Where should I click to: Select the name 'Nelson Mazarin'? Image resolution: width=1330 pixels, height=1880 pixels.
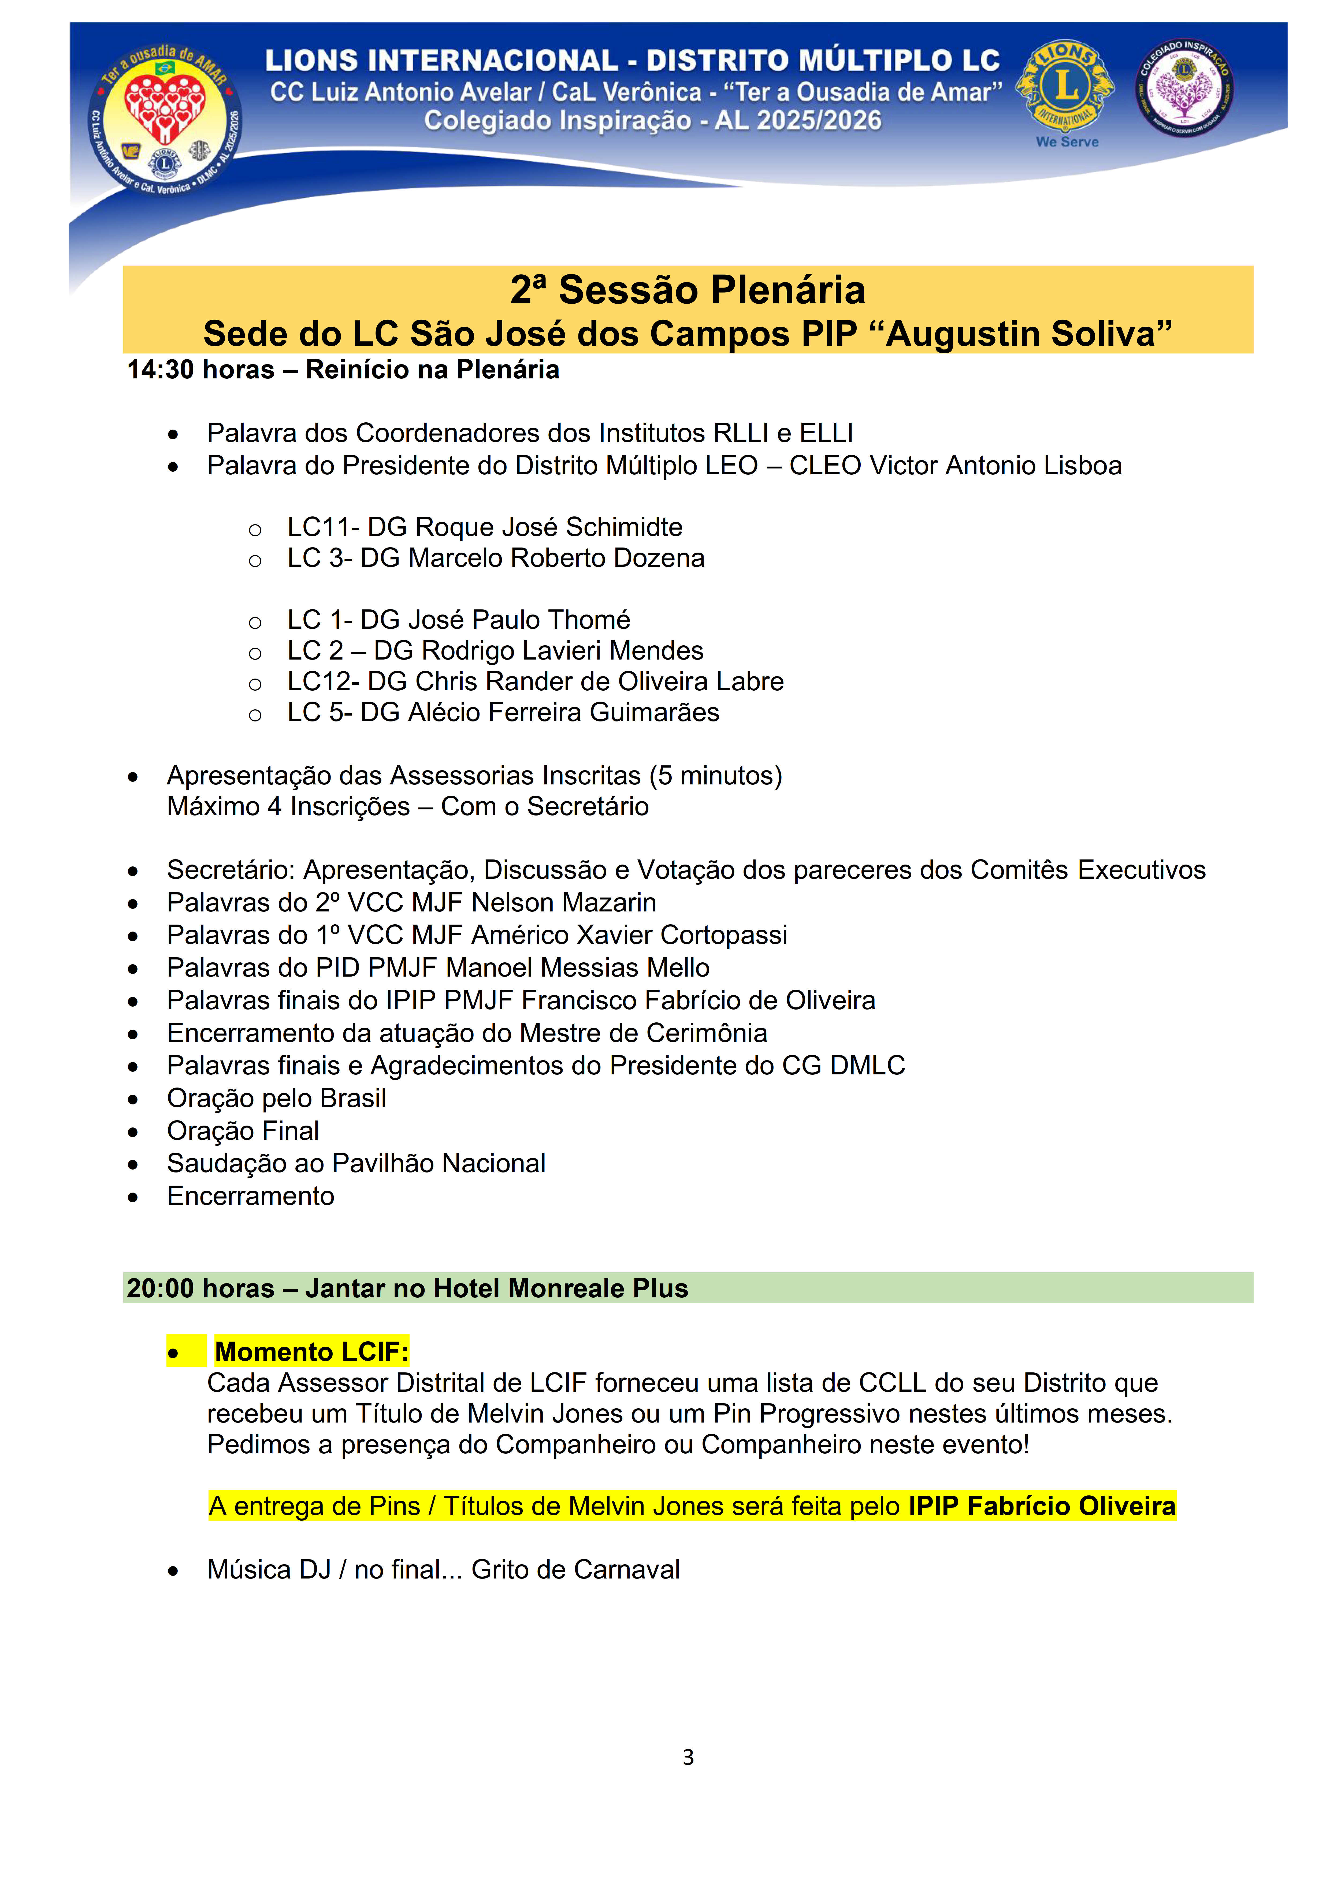(563, 902)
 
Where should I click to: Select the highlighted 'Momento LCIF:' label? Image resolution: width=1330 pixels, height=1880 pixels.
(311, 1352)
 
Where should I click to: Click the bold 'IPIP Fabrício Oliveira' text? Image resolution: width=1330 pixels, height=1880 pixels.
(1042, 1506)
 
